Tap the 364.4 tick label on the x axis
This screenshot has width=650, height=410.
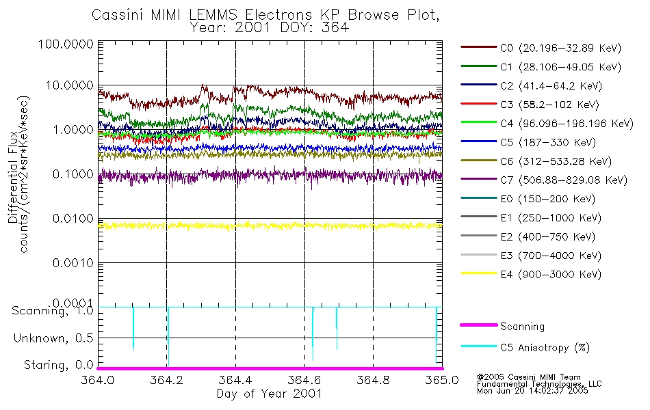235,381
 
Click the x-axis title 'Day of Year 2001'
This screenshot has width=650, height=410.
270,394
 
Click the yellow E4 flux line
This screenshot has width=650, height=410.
274,225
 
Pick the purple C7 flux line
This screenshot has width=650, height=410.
274,176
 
